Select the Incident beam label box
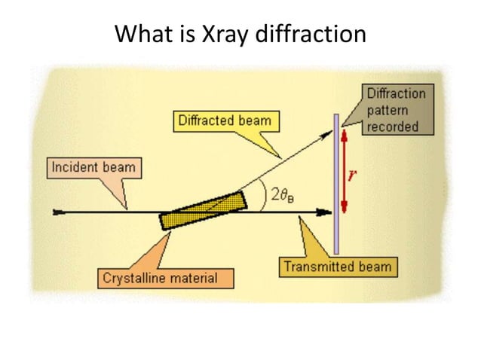pos(95,166)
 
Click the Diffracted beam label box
pos(224,120)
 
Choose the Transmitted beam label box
pos(337,267)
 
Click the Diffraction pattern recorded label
pos(396,110)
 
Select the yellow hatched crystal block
pos(202,210)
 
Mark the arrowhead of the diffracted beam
pos(329,133)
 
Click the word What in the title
pos(138,35)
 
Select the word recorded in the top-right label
pos(393,126)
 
